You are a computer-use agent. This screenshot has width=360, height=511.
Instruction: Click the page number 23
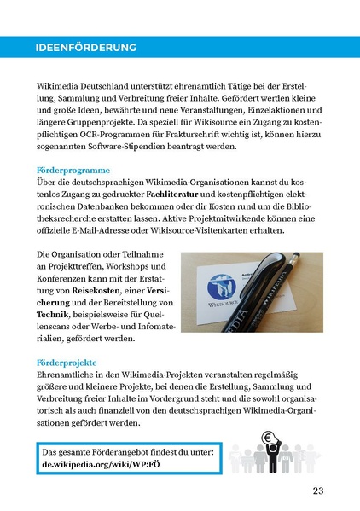tap(317, 490)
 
